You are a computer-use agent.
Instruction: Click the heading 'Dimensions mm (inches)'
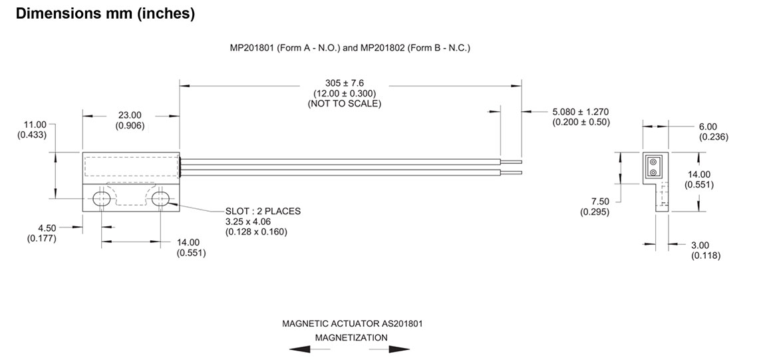[x=105, y=14]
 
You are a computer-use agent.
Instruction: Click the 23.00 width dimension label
[x=130, y=115]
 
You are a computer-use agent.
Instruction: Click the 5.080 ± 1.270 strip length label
[x=581, y=111]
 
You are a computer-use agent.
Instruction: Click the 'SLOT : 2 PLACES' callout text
[x=263, y=212]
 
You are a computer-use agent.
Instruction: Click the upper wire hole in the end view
[x=653, y=162]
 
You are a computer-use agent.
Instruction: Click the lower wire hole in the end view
[x=653, y=172]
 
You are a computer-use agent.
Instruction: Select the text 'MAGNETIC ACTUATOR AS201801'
[x=352, y=324]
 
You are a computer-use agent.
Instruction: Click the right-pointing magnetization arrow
[x=399, y=349]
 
